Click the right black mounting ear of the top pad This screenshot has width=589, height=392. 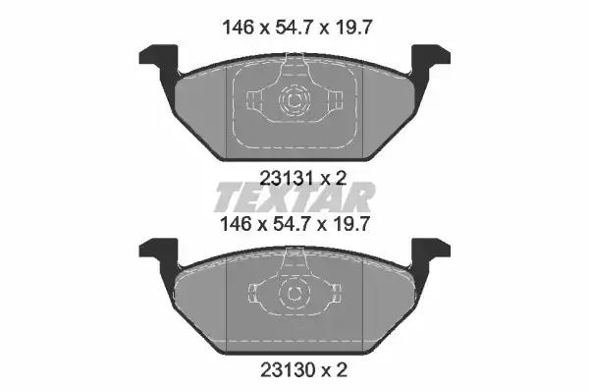(x=429, y=59)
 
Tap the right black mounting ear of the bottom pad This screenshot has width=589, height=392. (x=429, y=252)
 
